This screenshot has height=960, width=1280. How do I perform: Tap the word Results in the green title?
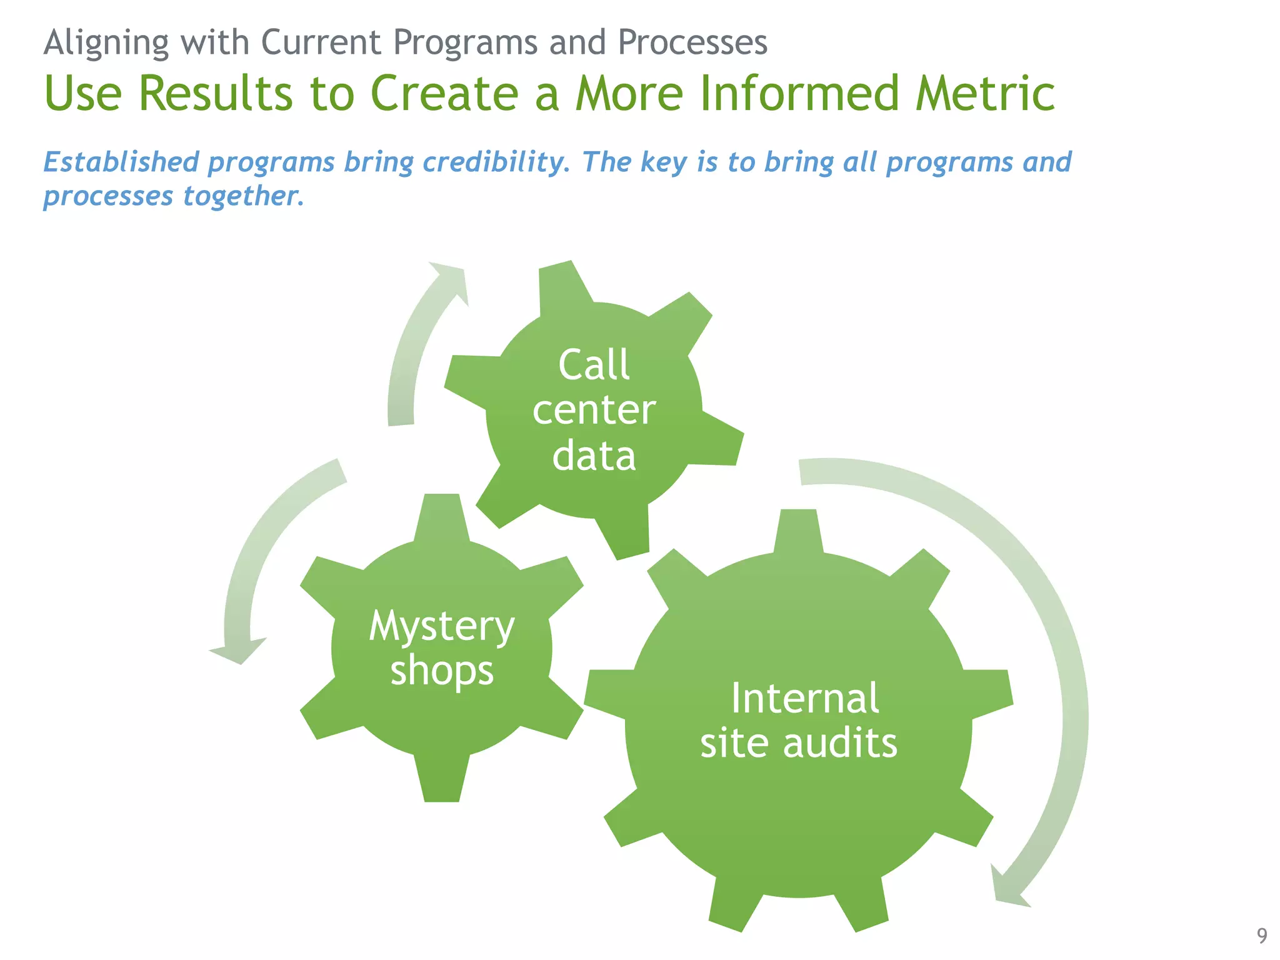[x=215, y=94]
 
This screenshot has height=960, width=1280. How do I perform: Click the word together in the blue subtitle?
[x=243, y=196]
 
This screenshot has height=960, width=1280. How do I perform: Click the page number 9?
[x=1262, y=936]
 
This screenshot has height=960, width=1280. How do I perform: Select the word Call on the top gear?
[x=594, y=365]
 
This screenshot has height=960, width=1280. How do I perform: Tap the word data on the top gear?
[x=594, y=456]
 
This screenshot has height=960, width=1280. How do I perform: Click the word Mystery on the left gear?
[x=441, y=626]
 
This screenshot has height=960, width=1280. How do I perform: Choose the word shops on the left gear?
[x=442, y=671]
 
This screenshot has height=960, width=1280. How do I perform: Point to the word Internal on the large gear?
[x=805, y=698]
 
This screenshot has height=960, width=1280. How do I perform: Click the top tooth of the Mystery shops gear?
[x=442, y=516]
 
